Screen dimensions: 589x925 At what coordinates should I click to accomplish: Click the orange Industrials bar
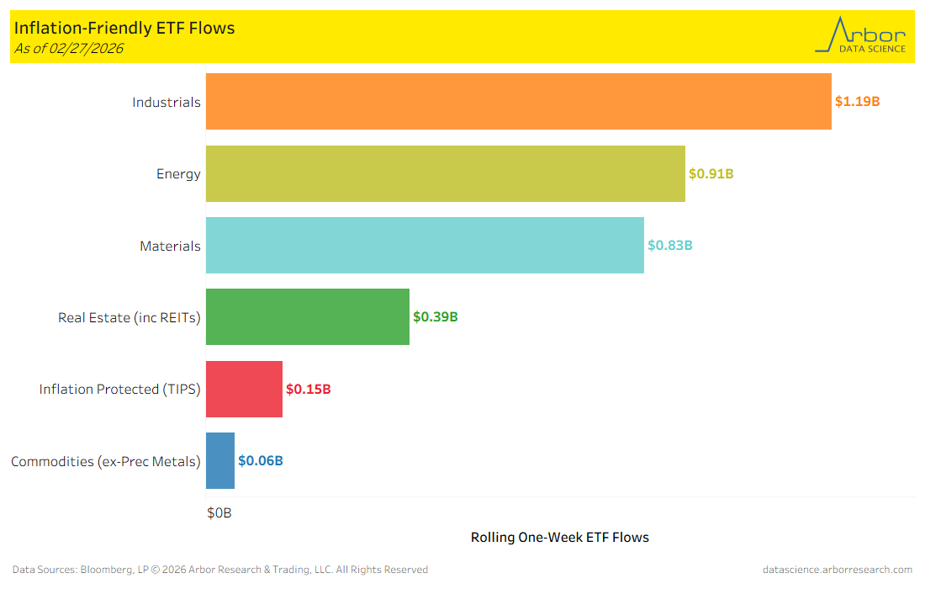pyautogui.click(x=518, y=102)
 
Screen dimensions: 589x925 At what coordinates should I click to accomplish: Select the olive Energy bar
pyautogui.click(x=445, y=174)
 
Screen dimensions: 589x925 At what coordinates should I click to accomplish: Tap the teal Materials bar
pyautogui.click(x=425, y=246)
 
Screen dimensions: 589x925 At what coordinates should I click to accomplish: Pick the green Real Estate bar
pyautogui.click(x=307, y=317)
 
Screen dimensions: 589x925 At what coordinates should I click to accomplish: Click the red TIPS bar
pyautogui.click(x=244, y=389)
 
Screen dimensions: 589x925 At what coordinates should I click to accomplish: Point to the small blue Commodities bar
pyautogui.click(x=220, y=461)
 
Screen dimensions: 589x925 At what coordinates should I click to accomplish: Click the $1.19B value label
pyautogui.click(x=857, y=102)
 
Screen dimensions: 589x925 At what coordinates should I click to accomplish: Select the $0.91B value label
pyautogui.click(x=711, y=174)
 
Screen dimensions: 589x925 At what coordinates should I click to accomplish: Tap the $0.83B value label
pyautogui.click(x=669, y=246)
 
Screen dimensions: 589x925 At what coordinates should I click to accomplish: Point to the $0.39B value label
pyautogui.click(x=435, y=317)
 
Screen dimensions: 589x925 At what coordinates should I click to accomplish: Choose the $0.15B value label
pyautogui.click(x=308, y=390)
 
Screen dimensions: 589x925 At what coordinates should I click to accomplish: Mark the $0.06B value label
pyautogui.click(x=260, y=461)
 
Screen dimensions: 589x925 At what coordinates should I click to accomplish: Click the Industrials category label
pyautogui.click(x=166, y=103)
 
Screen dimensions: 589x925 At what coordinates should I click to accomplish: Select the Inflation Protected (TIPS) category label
pyautogui.click(x=119, y=390)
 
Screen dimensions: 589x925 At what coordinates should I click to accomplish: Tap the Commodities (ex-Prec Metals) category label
pyautogui.click(x=106, y=461)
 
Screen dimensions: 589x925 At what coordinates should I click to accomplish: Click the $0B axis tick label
pyautogui.click(x=219, y=512)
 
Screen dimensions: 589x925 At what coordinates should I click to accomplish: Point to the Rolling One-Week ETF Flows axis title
pyautogui.click(x=559, y=537)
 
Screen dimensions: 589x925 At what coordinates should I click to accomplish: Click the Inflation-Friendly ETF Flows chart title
pyautogui.click(x=124, y=28)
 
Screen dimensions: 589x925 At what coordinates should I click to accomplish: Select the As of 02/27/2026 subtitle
pyautogui.click(x=69, y=49)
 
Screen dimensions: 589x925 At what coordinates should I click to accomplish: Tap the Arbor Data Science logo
pyautogui.click(x=861, y=35)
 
